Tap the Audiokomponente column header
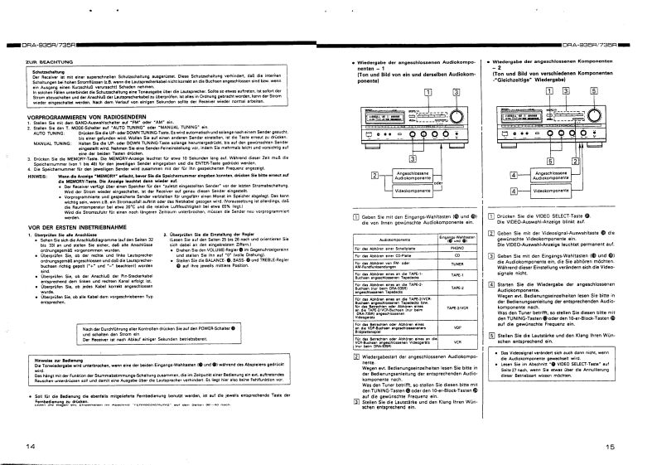pyautogui.click(x=382, y=238)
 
